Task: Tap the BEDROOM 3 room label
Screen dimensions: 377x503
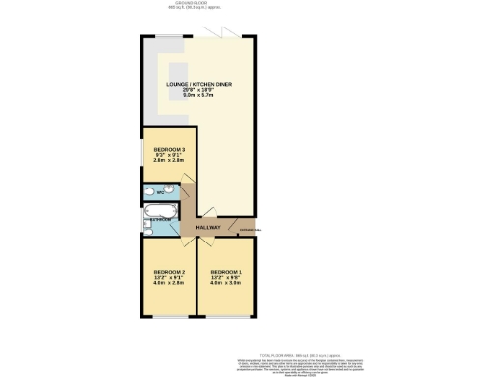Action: [171, 150]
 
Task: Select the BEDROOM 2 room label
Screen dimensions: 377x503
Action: [169, 272]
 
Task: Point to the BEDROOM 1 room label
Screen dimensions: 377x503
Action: [227, 272]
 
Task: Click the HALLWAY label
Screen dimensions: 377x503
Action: [207, 228]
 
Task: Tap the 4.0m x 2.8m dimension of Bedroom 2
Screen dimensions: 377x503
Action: [169, 285]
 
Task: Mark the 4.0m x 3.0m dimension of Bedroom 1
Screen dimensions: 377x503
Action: [227, 285]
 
